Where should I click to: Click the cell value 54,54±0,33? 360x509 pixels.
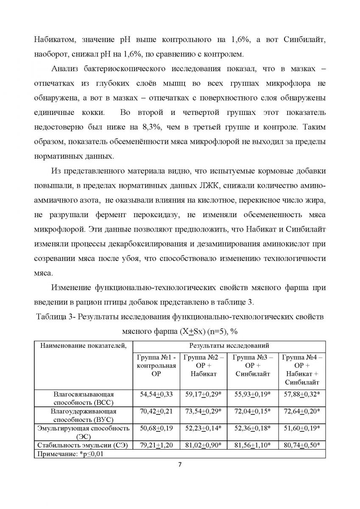tap(157, 394)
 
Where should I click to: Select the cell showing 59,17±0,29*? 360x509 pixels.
tap(205, 394)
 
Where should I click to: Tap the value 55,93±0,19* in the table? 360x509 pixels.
tap(254, 394)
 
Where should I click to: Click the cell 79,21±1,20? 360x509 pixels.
tap(157, 445)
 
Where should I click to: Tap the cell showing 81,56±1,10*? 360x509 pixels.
tap(254, 445)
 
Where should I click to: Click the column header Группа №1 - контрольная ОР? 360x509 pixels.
tap(157, 365)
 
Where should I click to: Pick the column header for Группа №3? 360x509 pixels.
tap(254, 365)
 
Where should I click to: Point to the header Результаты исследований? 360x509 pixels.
tap(229, 346)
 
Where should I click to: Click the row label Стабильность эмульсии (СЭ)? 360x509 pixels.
tap(84, 445)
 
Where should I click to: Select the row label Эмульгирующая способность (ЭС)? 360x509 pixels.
tap(84, 432)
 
